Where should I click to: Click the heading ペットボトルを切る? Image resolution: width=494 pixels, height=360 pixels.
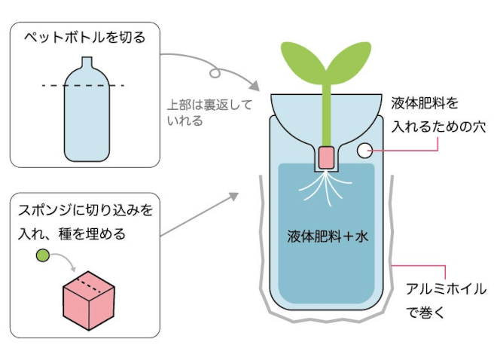coord(84,36)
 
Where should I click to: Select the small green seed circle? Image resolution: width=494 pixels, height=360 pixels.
coord(42,257)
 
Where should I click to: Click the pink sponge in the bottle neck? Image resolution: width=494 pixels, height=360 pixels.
coord(326,157)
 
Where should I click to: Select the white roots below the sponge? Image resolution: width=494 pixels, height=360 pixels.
coord(326,185)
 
